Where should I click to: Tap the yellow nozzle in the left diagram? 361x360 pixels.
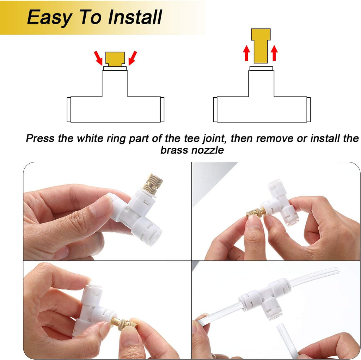click(115, 58)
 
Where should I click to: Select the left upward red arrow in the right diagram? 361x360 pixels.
click(246, 53)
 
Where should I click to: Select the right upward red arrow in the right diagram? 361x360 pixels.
click(274, 53)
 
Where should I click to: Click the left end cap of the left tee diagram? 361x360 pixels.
click(69, 109)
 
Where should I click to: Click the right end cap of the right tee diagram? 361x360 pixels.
click(308, 109)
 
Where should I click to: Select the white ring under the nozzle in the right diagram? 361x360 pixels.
click(261, 68)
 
